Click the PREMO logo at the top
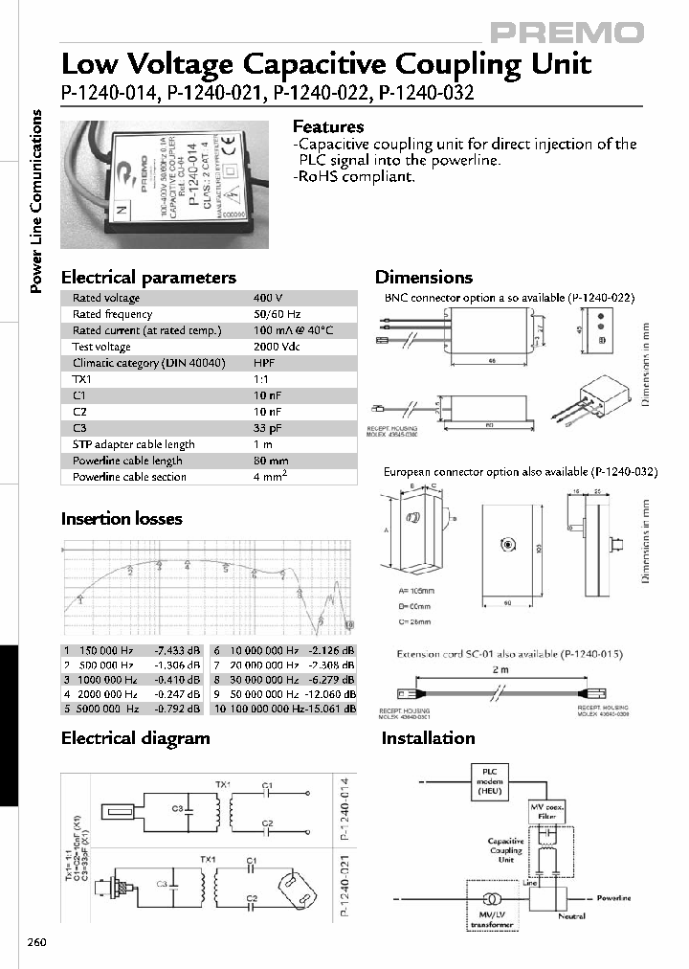point(567,34)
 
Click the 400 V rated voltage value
point(266,298)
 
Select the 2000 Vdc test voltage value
point(277,347)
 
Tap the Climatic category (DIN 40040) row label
point(148,363)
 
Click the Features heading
point(327,126)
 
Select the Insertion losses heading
point(122,519)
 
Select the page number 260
point(36,942)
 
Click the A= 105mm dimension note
point(412,592)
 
